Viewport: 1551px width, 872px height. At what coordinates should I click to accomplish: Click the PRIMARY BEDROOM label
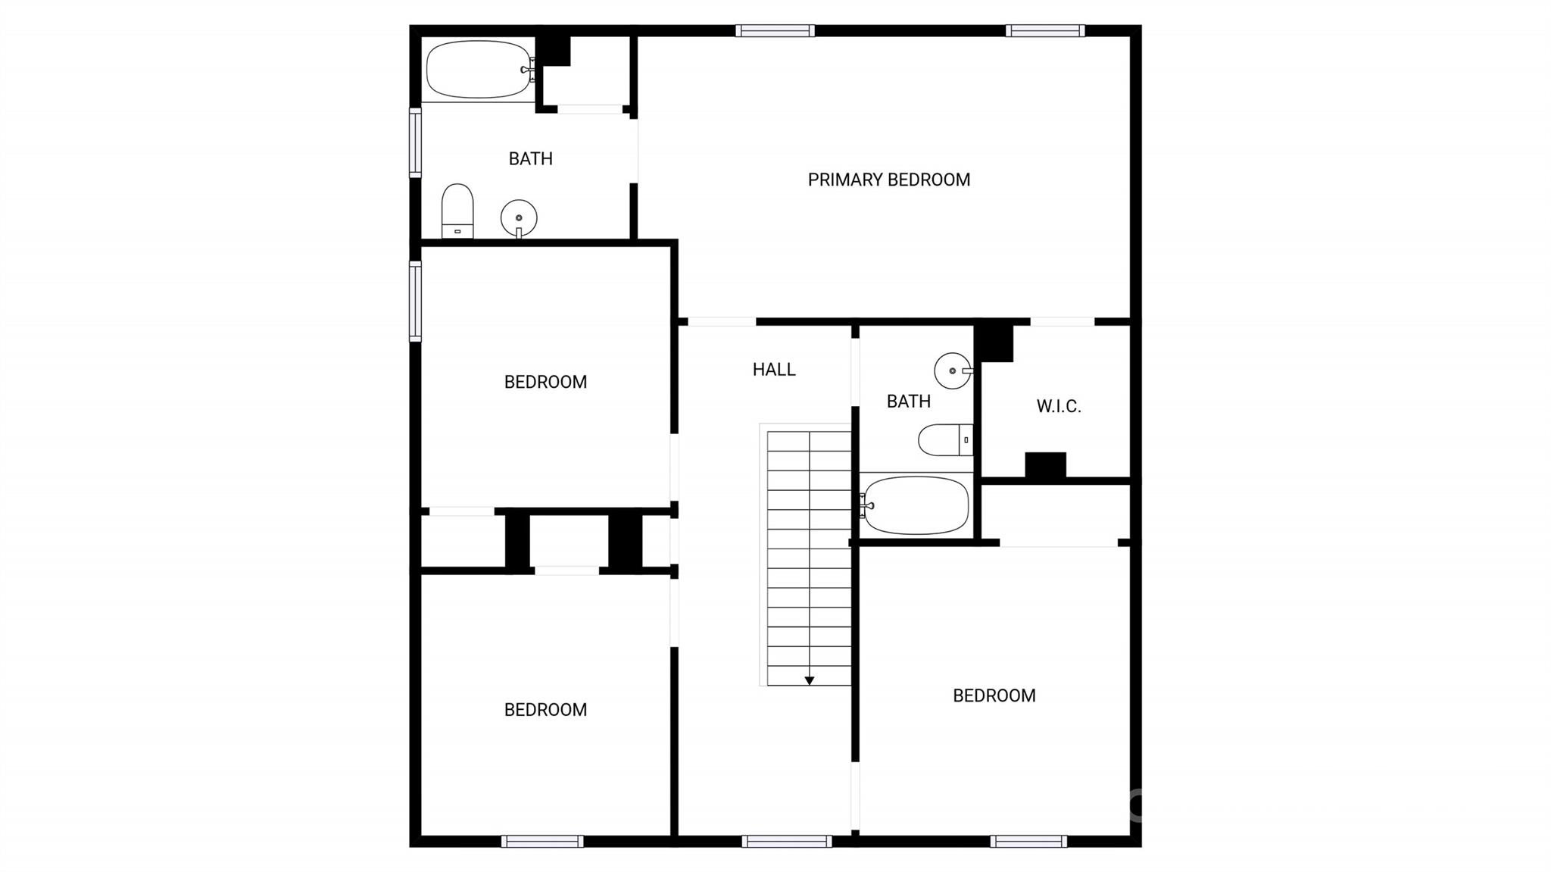tap(888, 180)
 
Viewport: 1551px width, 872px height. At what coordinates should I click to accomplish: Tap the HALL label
tap(774, 370)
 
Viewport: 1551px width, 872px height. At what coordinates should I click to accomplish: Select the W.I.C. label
tap(1058, 406)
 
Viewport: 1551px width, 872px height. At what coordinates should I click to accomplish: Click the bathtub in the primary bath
tap(479, 70)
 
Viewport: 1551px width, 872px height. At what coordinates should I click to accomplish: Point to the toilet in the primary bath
tap(457, 210)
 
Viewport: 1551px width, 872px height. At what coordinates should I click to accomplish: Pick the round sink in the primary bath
tap(519, 218)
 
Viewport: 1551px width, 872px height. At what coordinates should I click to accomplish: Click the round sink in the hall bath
tap(952, 370)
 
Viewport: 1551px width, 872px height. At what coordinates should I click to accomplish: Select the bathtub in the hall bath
tap(916, 505)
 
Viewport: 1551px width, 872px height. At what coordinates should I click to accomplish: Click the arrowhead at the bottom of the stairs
tap(809, 681)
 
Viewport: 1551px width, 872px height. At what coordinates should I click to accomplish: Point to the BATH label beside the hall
tap(908, 402)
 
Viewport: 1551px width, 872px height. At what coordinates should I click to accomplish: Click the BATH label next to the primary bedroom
tap(530, 159)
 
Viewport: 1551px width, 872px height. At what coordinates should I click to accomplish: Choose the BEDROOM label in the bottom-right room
tap(994, 695)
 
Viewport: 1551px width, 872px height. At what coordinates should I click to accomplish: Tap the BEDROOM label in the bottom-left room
tap(545, 710)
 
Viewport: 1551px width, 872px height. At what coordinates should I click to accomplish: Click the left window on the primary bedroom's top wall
tap(775, 31)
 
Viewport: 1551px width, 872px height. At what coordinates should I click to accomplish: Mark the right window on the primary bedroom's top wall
tap(1045, 31)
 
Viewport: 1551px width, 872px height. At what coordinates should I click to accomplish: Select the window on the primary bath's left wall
tap(415, 142)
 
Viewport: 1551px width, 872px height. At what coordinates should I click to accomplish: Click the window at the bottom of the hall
tap(786, 841)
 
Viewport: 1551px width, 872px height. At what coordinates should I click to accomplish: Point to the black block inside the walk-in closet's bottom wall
tap(1045, 465)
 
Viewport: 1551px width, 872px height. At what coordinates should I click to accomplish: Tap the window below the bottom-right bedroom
tap(1028, 841)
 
